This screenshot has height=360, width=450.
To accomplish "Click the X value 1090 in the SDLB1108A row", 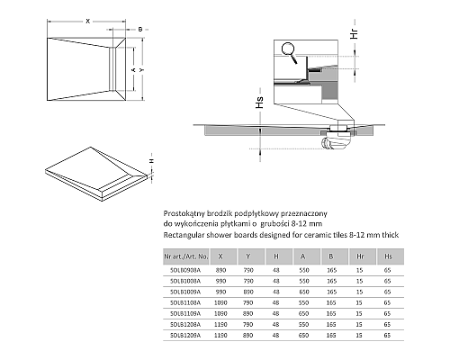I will coord(220,301).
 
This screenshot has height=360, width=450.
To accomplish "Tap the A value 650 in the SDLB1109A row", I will coord(304,312).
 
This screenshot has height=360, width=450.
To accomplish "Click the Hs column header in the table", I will coord(387,256).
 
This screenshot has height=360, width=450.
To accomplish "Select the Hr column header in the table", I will coord(360,256).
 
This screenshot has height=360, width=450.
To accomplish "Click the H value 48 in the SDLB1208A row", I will coord(277,324).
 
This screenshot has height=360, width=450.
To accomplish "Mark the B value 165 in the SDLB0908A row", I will coord(332,269).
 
